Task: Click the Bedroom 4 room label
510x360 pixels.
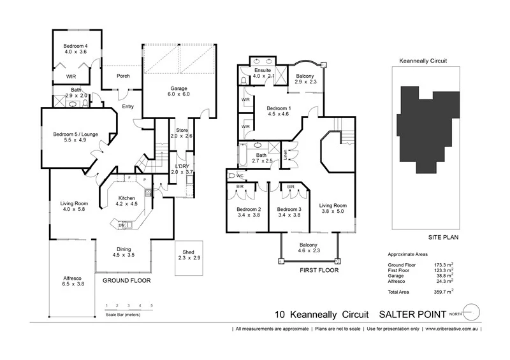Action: (x=75, y=46)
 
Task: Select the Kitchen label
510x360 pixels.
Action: (x=126, y=198)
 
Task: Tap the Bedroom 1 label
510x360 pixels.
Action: (x=278, y=108)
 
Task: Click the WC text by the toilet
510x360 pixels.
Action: (x=240, y=175)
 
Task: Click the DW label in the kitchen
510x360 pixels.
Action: (x=121, y=224)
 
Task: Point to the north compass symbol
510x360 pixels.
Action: (x=470, y=313)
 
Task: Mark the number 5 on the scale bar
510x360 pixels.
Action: (x=152, y=306)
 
